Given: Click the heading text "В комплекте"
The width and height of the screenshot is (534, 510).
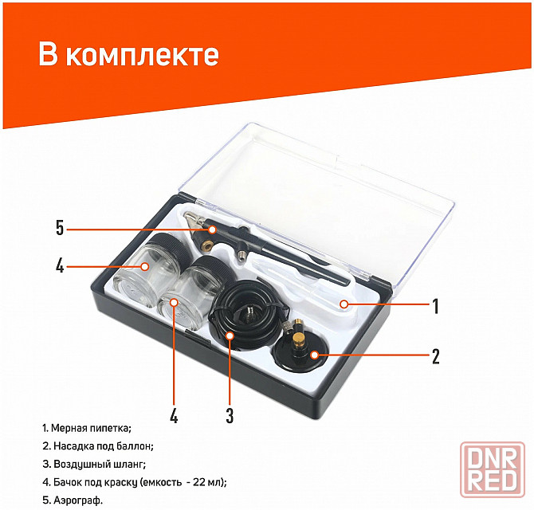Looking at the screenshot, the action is pos(128,54).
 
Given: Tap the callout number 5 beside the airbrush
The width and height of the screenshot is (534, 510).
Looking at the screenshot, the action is pos(60,228).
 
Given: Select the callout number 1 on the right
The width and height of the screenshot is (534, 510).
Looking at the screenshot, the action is pos(436,306).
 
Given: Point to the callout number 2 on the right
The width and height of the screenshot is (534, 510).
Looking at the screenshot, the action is pos(436,356).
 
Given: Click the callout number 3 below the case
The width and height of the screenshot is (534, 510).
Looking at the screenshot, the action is pos(230,415).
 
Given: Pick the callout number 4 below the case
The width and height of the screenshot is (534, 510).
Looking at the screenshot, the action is pos(174,415).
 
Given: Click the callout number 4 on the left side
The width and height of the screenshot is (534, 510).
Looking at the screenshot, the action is pos(60,265).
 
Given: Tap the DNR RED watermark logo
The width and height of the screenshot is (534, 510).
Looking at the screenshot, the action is pos(493,469).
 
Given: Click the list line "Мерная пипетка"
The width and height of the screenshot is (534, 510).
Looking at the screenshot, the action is pos(87,428).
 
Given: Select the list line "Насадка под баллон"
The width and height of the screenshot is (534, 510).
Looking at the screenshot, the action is pos(98,446).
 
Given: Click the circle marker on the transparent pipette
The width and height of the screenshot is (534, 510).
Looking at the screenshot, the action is pos(344,304).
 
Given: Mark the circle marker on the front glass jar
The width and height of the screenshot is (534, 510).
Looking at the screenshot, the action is pos(174,302).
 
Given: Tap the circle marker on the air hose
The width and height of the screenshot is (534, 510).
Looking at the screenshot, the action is pos(230,335).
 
